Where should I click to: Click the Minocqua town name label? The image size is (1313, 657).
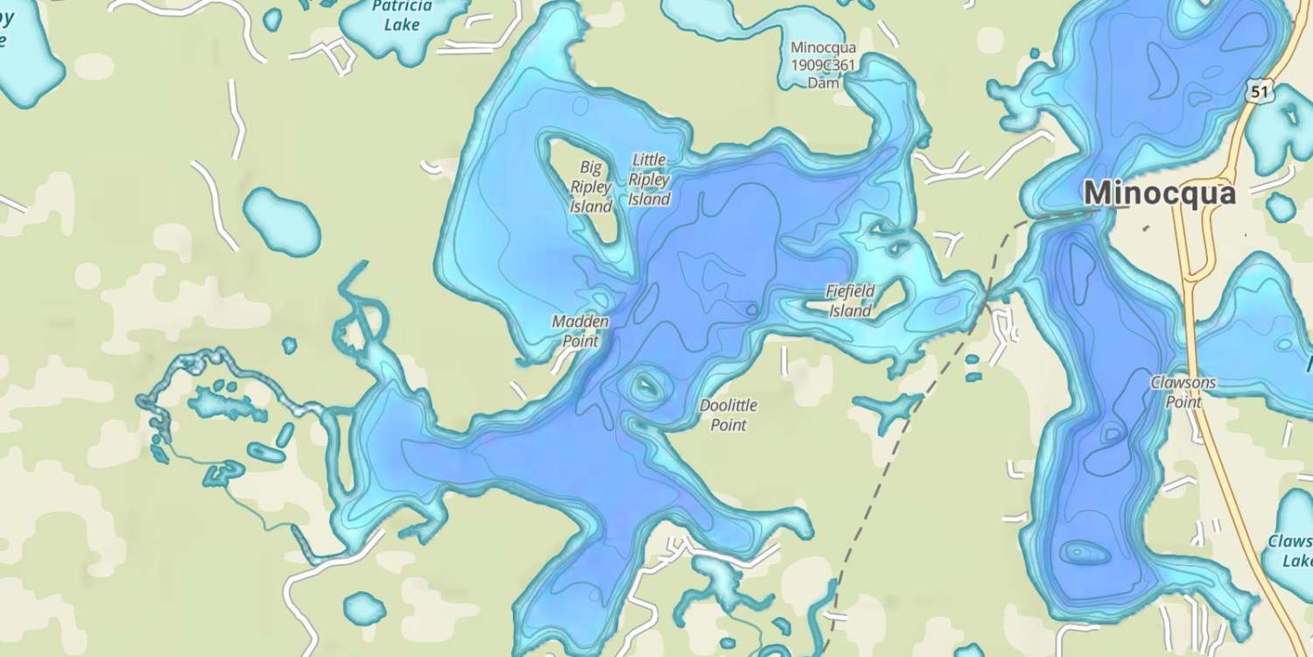[x=1159, y=193]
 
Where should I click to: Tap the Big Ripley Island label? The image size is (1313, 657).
[x=591, y=187]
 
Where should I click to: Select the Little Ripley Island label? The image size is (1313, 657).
[x=649, y=180]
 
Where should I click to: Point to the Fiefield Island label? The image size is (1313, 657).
[x=850, y=300]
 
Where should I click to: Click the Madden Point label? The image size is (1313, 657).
[x=579, y=331]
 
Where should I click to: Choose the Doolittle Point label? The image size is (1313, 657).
[x=728, y=415]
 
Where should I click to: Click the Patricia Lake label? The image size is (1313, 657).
[x=402, y=16]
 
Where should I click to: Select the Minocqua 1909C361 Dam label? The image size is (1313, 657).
[x=823, y=65]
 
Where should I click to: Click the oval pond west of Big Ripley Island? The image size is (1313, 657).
[x=281, y=222]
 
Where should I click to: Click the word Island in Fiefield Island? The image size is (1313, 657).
[x=850, y=311]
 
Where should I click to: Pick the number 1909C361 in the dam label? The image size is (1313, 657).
[x=823, y=65]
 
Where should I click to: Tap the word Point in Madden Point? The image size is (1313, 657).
[x=579, y=341]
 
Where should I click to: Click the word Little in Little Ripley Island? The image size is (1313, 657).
[x=649, y=159]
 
